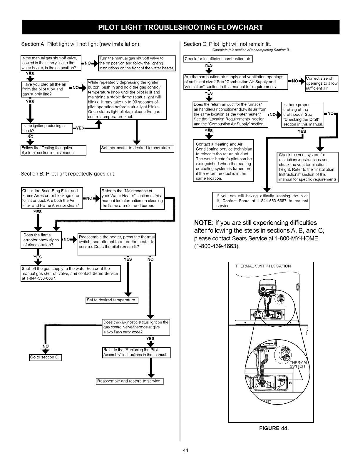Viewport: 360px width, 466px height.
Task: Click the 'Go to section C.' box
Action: [46, 358]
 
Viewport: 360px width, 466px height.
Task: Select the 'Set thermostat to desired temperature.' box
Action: [137, 148]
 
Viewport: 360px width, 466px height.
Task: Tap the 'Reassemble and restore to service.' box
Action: [129, 381]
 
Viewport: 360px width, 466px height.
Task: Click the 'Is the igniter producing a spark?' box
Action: [47, 128]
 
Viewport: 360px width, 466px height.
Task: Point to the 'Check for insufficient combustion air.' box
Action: [218, 59]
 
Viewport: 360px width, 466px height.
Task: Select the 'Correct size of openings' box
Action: [322, 83]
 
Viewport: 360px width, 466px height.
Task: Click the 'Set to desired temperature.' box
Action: [112, 300]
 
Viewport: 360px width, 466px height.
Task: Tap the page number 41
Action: [185, 450]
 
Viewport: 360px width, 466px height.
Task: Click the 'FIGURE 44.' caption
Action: [274, 428]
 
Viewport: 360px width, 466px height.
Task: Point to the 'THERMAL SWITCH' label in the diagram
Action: [299, 365]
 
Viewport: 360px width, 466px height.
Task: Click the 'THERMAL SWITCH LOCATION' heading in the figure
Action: [263, 266]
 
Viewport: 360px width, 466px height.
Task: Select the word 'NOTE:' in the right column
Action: [204, 223]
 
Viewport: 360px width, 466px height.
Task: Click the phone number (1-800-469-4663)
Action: [217, 246]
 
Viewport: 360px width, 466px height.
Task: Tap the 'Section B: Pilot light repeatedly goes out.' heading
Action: [68, 174]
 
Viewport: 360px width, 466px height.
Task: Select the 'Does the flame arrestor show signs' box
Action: [41, 240]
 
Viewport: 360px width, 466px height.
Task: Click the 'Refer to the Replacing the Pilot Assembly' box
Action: [136, 353]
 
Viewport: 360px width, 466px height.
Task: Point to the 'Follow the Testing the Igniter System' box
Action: [53, 150]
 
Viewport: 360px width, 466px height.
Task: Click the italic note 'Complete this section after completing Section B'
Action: [251, 50]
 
